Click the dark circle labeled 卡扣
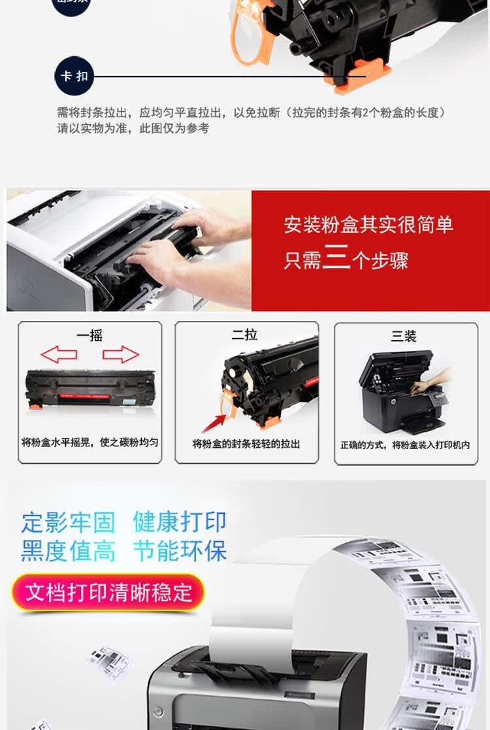point(74,76)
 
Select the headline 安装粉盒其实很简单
point(368,225)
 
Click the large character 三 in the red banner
point(336,259)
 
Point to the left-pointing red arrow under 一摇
point(59,355)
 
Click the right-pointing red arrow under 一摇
point(121,355)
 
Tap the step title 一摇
point(90,336)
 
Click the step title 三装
point(404,336)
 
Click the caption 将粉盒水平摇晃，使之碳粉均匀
point(90,442)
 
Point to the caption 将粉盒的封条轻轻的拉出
point(246,444)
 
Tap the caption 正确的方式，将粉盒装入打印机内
point(404,444)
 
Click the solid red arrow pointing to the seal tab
point(213,422)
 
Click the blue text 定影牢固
point(68,522)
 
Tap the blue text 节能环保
point(180,551)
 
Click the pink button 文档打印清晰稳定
point(108,592)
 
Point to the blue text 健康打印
point(180,522)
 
